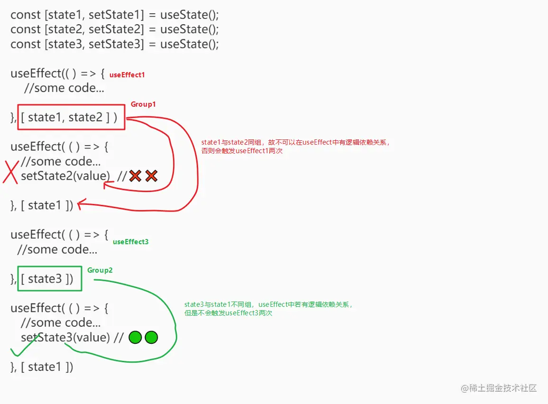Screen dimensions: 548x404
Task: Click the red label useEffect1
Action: point(127,75)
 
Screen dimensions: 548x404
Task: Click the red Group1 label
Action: point(143,104)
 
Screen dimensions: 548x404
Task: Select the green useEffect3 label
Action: point(130,242)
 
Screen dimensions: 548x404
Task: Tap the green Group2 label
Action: point(100,270)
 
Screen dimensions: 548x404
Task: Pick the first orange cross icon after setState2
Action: point(135,176)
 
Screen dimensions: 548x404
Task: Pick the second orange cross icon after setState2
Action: point(151,176)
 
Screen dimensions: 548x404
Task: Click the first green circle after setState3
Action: point(135,338)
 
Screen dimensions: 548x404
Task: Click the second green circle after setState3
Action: point(151,338)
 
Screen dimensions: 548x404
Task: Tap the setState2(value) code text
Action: point(65,176)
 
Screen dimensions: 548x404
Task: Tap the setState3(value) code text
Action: point(65,337)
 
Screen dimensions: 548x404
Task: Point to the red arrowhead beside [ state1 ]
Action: point(81,204)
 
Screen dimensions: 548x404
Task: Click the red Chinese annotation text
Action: point(295,147)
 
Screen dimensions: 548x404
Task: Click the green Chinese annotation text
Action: point(268,309)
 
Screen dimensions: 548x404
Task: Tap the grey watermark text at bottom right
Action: point(499,388)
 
